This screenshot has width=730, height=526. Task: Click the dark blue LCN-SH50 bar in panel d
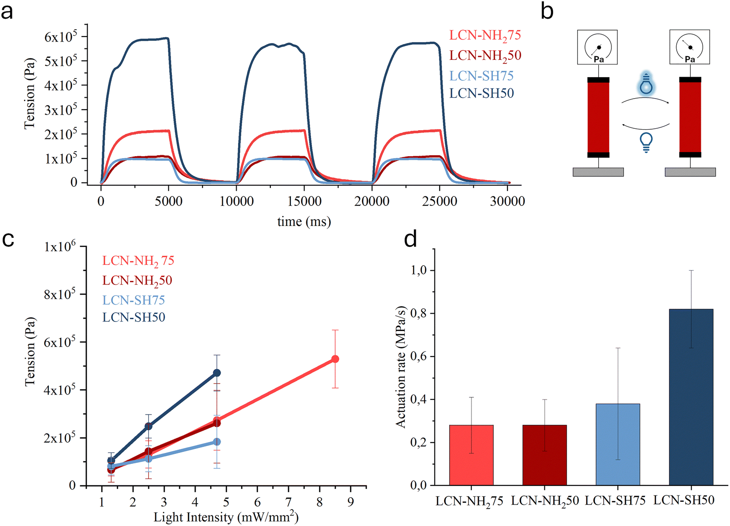point(691,397)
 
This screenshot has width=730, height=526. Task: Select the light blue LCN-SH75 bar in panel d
point(617,444)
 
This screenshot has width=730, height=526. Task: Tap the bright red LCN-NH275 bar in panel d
point(471,455)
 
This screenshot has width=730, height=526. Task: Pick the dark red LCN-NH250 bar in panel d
point(544,455)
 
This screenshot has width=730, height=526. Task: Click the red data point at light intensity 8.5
point(335,359)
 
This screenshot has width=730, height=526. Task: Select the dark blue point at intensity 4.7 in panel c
point(217,373)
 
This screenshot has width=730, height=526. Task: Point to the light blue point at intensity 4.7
point(217,442)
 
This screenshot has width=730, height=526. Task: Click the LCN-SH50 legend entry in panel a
point(481,93)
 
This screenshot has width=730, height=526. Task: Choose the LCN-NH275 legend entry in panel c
point(138,261)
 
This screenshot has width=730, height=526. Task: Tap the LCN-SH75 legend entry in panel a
point(481,76)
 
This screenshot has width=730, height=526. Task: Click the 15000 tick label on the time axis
point(304,201)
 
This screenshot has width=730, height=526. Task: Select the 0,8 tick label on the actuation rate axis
point(419,313)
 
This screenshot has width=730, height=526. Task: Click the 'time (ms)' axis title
point(304,221)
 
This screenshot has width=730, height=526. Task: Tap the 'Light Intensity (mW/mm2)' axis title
point(226,517)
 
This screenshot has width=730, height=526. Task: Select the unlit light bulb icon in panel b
point(646,142)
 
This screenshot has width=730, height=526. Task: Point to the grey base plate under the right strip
point(690,172)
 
